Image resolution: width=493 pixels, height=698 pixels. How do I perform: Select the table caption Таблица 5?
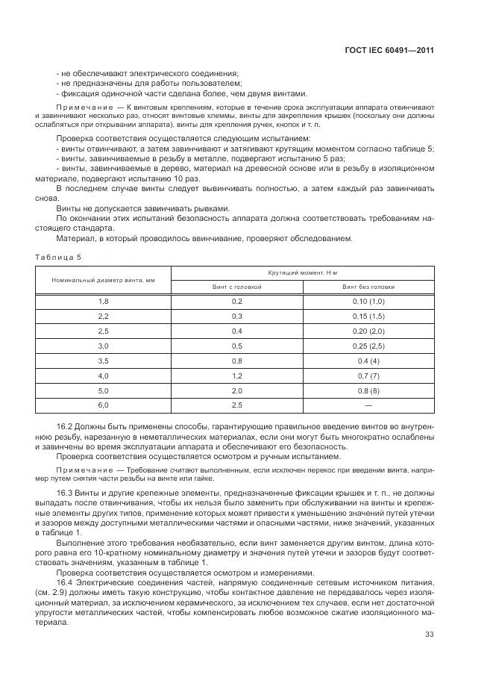point(58,257)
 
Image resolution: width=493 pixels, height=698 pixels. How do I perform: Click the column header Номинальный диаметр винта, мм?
point(103,279)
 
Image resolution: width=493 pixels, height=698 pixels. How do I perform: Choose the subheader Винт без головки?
point(368,287)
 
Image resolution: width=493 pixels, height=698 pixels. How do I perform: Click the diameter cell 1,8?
point(104,301)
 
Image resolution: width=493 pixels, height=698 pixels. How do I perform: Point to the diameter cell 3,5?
point(104,361)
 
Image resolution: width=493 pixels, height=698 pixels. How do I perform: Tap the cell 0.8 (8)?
point(368,390)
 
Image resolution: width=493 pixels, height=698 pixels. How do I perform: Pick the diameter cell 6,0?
point(104,405)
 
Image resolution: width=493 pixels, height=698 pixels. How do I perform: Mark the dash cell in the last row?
point(368,405)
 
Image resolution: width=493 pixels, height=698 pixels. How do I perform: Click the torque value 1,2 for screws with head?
point(237,376)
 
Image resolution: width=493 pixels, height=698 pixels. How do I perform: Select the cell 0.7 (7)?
point(368,376)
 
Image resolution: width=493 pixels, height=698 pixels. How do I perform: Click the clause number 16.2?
point(65,426)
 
